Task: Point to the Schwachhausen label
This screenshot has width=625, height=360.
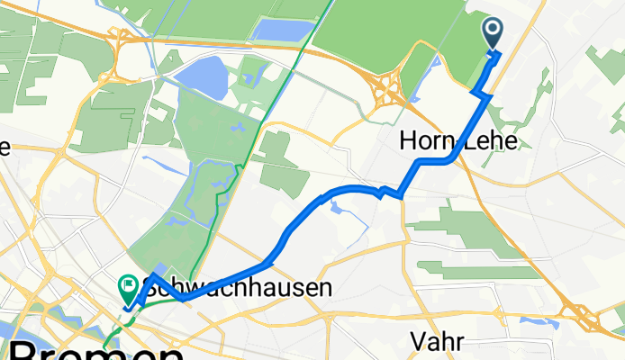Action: click(x=238, y=289)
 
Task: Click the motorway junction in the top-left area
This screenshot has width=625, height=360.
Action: click(x=120, y=40)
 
